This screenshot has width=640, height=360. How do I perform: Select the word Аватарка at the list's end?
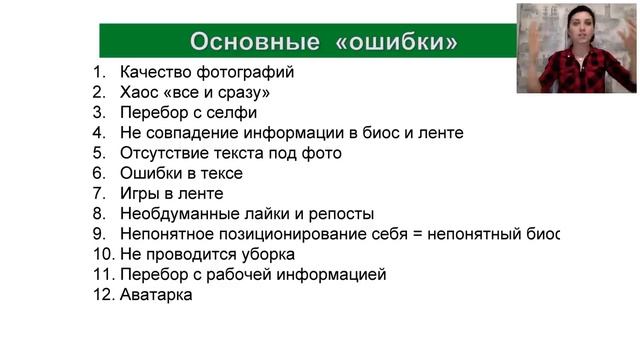[x=156, y=295]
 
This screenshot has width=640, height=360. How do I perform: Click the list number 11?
[x=100, y=274]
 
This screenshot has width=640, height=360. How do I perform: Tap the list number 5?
[x=99, y=153]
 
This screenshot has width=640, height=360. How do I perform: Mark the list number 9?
[x=99, y=234]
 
